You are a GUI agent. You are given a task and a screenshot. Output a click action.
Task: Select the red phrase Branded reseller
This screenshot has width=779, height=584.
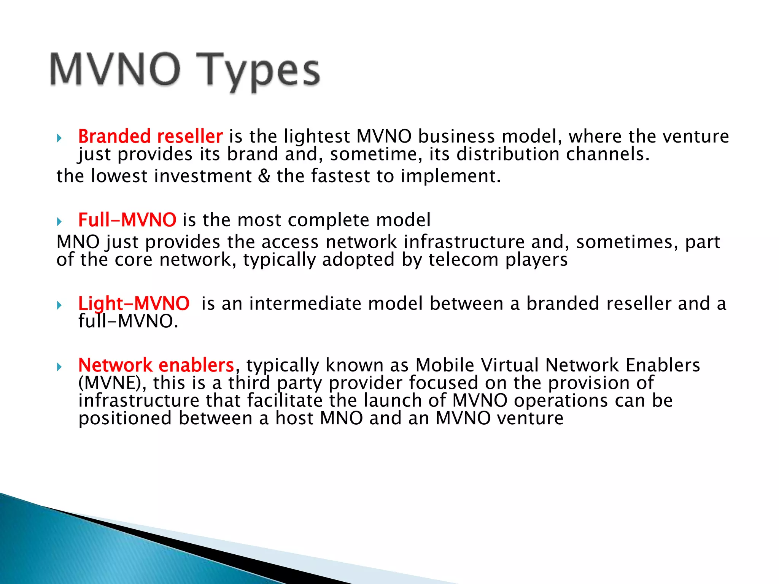pyautogui.click(x=150, y=136)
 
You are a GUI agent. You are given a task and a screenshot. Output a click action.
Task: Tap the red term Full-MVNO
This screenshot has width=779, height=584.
pyautogui.click(x=127, y=220)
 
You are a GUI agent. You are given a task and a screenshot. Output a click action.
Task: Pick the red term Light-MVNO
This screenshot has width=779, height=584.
pyautogui.click(x=134, y=303)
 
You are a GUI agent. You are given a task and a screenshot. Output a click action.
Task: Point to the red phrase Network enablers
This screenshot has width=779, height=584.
pyautogui.click(x=156, y=365)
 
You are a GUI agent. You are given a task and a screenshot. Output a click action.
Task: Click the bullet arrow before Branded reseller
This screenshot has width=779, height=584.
pyautogui.click(x=59, y=138)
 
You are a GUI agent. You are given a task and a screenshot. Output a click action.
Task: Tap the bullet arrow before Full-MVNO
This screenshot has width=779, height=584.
pyautogui.click(x=59, y=221)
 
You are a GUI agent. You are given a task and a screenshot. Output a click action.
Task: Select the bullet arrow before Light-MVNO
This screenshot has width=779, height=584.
pyautogui.click(x=59, y=305)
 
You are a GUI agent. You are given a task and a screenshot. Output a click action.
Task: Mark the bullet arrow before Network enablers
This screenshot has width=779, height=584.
pyautogui.click(x=59, y=367)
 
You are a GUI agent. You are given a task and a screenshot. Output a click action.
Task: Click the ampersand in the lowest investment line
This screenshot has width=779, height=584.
pyautogui.click(x=264, y=176)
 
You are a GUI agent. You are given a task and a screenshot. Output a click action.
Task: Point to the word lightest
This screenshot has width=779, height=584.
pyautogui.click(x=317, y=136)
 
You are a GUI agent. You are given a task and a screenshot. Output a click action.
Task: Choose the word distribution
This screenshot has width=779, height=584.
pyautogui.click(x=508, y=154)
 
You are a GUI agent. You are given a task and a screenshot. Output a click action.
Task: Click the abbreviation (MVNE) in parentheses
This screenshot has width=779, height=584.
pyautogui.click(x=112, y=383)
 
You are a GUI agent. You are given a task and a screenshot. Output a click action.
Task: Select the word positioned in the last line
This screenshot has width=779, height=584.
pyautogui.click(x=125, y=418)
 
